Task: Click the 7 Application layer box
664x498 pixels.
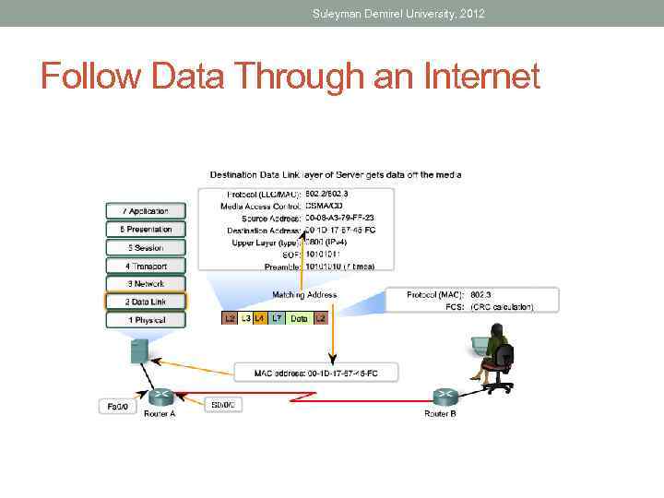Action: pos(145,211)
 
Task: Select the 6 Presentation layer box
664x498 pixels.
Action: pos(145,229)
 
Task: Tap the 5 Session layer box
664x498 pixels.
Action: pos(145,247)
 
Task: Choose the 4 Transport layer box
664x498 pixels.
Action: pos(145,266)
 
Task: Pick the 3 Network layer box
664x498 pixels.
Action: pos(145,284)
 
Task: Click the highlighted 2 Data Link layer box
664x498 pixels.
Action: pos(145,302)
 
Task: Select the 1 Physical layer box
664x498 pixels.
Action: pos(145,320)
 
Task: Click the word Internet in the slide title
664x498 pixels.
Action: pos(479,76)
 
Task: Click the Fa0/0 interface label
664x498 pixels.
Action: pos(117,406)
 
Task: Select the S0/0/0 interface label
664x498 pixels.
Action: pos(223,405)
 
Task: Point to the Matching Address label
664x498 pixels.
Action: pos(304,295)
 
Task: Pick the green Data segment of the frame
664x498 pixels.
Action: pos(299,318)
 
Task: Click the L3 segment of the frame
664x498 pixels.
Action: pos(245,318)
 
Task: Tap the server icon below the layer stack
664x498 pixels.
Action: pos(139,350)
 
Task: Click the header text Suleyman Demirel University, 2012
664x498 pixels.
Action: pos(398,13)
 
